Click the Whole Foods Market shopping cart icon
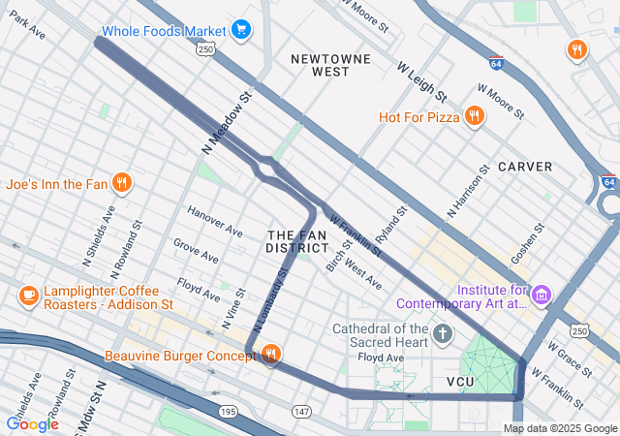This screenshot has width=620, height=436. (240, 30)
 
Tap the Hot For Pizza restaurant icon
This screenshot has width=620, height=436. (474, 117)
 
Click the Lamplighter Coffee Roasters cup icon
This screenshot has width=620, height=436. (28, 295)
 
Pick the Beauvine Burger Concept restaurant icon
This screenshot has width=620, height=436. (271, 357)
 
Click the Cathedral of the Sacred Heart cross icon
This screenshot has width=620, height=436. (443, 335)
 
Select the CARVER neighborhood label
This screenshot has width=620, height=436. (525, 167)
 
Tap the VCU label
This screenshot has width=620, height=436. (464, 383)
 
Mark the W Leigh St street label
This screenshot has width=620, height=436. (421, 81)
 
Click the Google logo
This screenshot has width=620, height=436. (32, 423)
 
